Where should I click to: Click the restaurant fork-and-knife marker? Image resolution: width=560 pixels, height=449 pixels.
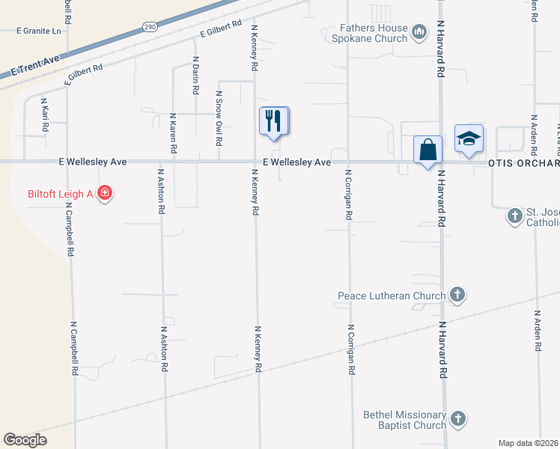coord(274,120)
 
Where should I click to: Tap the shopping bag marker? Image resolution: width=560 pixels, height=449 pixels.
coord(427,149)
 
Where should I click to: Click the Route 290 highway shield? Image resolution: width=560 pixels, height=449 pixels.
coord(148,26)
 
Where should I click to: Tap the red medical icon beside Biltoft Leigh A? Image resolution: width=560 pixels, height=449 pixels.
coord(105,194)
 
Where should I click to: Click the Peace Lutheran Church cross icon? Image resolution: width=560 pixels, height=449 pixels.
coord(457,296)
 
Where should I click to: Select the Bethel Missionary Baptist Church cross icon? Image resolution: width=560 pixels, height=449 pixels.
coord(457,418)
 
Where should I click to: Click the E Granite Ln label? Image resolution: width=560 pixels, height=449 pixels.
coord(38,31)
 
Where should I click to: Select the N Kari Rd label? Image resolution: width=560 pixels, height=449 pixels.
coord(44,114)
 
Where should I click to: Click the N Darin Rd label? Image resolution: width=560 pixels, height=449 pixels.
coord(195,75)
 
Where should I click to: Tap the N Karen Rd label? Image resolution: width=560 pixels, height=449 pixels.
coord(173,133)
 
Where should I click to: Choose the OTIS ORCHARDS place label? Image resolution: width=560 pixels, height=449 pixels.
coord(523,163)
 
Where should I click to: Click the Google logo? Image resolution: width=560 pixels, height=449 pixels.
coord(25,440)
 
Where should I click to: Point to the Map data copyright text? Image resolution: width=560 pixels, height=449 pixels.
coord(529,443)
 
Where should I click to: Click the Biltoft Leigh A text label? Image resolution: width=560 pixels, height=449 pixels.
coord(60,195)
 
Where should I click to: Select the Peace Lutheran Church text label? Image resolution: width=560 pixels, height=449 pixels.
coord(392,296)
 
